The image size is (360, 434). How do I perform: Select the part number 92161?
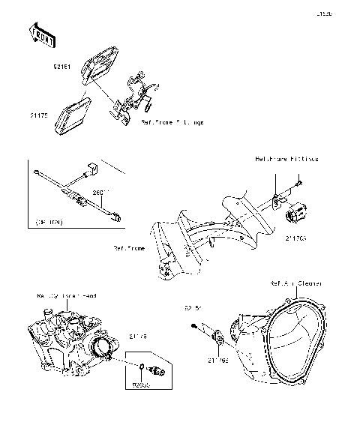point(61,67)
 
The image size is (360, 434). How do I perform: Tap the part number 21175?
point(39,115)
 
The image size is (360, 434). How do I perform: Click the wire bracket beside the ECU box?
point(133,94)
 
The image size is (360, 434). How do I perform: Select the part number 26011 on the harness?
point(101,193)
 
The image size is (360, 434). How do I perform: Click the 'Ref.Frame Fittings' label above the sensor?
point(286,159)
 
